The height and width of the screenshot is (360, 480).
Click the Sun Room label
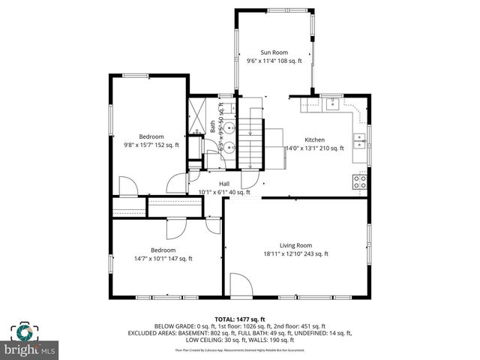[274, 52]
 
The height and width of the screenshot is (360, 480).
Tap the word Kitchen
[314, 140]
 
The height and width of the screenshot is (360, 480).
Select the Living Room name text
[295, 245]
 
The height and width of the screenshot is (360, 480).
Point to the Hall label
[224, 184]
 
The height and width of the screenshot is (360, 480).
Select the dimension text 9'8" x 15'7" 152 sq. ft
[151, 145]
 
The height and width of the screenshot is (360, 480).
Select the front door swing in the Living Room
[241, 283]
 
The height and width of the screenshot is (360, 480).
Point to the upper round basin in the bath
[232, 127]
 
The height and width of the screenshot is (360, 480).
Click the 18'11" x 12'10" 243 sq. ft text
[295, 254]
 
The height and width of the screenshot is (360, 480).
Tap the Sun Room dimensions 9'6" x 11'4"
[274, 61]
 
